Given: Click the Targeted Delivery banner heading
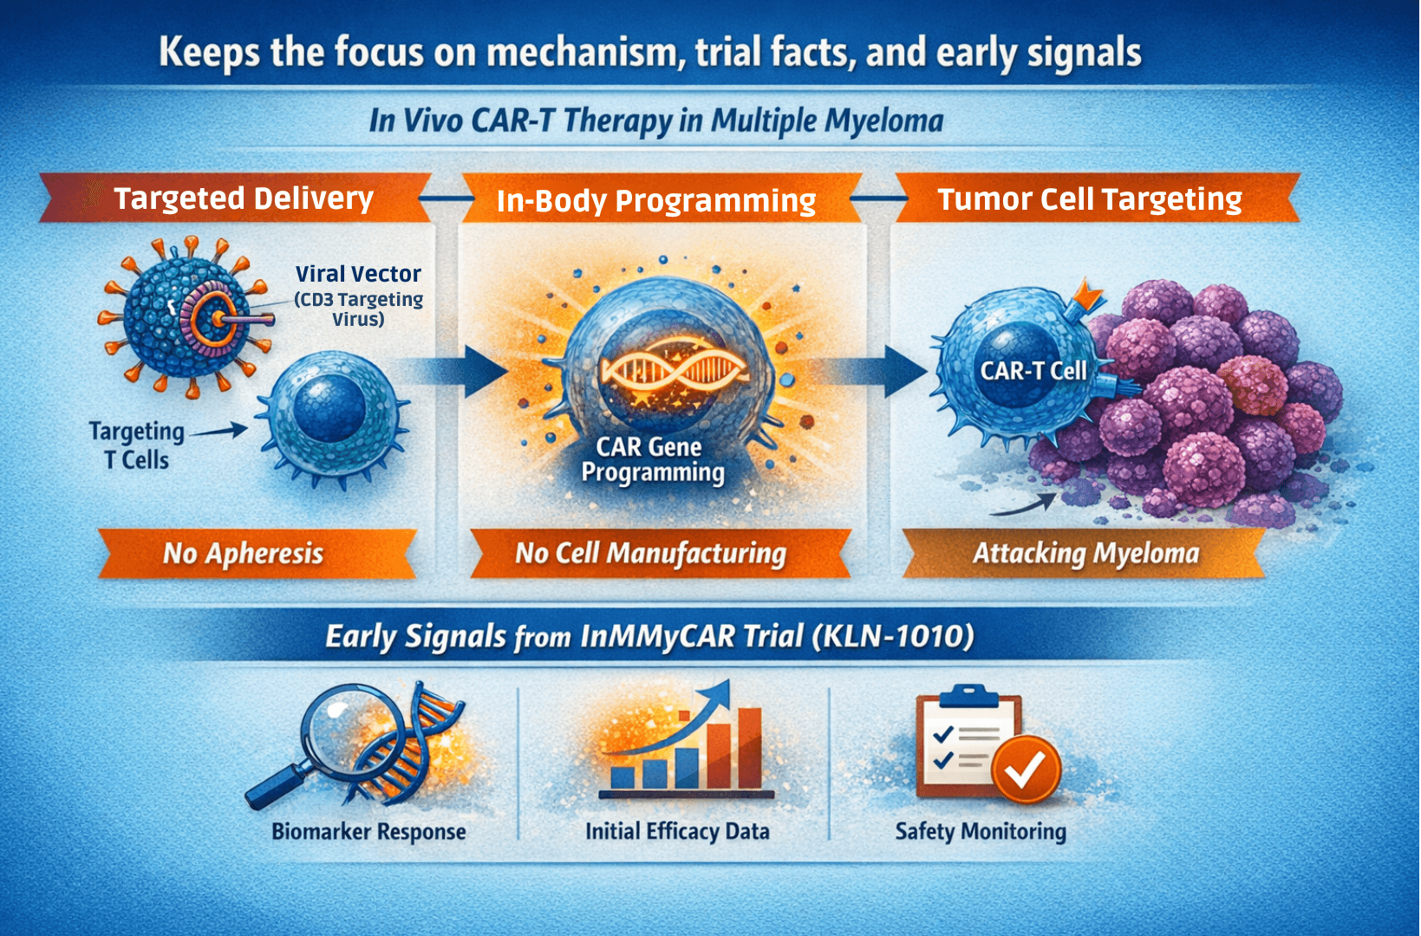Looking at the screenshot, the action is click(244, 198).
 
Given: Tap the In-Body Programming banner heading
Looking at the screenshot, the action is click(655, 201).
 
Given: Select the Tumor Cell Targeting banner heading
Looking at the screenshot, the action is click(1090, 199).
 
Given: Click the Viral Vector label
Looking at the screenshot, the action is click(358, 274).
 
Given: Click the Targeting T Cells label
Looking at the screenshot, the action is click(137, 445).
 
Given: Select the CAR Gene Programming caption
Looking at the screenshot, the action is click(652, 459).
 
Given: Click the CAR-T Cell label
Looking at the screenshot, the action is click(1033, 371).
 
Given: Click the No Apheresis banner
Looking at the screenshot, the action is click(244, 553).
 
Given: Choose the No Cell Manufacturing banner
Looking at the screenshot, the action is click(650, 553).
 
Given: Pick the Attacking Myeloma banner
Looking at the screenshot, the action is click(1085, 553).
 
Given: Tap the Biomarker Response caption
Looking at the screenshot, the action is click(368, 832).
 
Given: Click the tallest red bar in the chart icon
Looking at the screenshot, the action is click(749, 747).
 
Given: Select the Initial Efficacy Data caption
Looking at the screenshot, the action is click(677, 832).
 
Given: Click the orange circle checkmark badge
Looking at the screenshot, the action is click(1026, 769).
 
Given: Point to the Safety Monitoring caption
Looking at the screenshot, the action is click(981, 832).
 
